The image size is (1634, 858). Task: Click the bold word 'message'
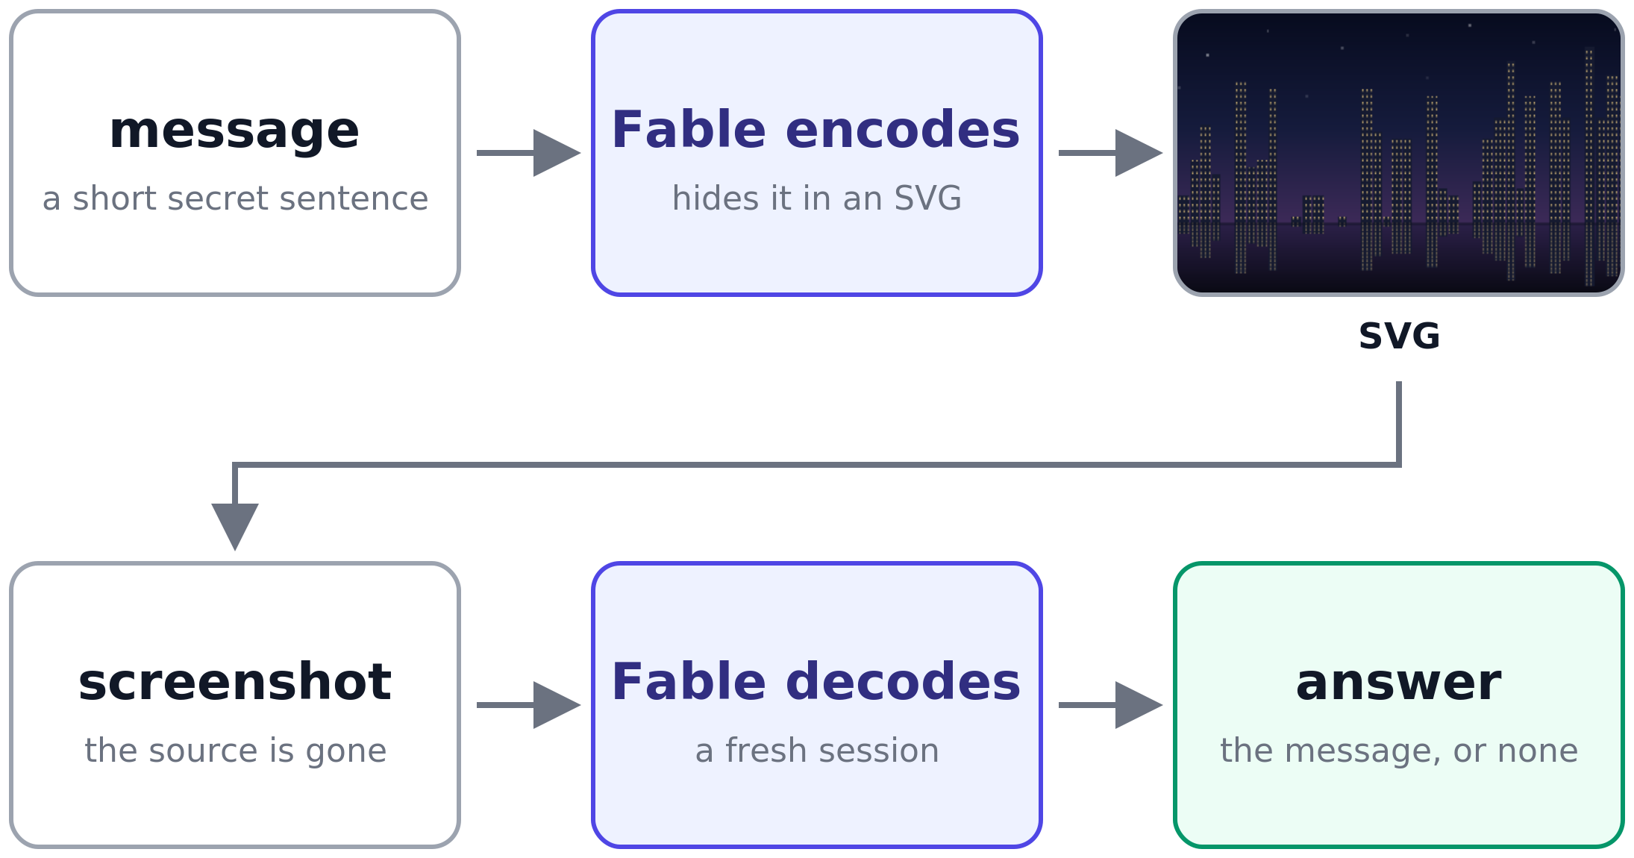click(x=234, y=131)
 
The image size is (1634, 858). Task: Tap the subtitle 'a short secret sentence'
click(x=235, y=198)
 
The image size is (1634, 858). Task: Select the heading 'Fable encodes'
click(x=816, y=130)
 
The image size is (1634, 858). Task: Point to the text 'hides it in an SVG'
click(x=816, y=198)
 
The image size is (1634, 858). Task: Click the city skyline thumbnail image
click(x=1399, y=153)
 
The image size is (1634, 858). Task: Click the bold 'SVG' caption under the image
click(x=1399, y=336)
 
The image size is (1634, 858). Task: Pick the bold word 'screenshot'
click(x=234, y=682)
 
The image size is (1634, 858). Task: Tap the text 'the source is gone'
click(x=235, y=751)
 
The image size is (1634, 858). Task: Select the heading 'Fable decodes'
click(x=816, y=682)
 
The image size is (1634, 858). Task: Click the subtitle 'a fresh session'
click(x=816, y=751)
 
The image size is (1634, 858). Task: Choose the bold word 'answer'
click(x=1398, y=683)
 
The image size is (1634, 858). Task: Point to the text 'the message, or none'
click(x=1399, y=751)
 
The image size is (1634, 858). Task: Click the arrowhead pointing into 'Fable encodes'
click(x=557, y=153)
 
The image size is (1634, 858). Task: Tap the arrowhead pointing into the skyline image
click(x=1139, y=153)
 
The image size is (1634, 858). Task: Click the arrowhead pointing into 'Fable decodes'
click(x=557, y=705)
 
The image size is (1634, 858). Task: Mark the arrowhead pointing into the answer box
click(x=1139, y=705)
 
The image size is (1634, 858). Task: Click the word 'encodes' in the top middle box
click(x=902, y=130)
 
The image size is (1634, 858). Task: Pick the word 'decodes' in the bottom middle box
click(x=903, y=682)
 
